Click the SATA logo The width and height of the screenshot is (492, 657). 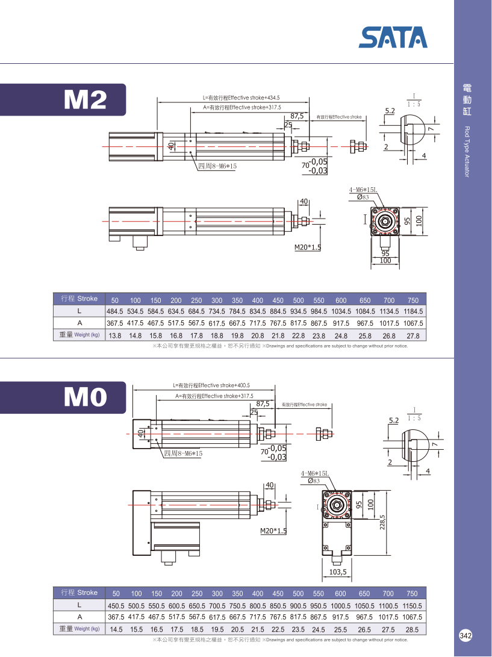(393, 37)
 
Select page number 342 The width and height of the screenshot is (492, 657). (466, 636)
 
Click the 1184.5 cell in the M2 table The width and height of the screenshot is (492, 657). (413, 311)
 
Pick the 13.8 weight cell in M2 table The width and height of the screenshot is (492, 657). (116, 335)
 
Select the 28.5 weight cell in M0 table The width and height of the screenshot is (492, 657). (413, 629)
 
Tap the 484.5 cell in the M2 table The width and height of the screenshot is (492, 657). (115, 311)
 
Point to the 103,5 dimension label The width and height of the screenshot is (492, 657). (338, 571)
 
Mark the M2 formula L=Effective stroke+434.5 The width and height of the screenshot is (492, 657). (241, 98)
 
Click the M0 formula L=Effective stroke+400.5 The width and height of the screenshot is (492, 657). (211, 385)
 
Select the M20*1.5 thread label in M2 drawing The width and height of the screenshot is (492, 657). (307, 247)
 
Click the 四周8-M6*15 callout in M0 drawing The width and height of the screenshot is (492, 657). (183, 453)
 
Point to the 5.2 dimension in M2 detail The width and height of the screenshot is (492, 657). (390, 111)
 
